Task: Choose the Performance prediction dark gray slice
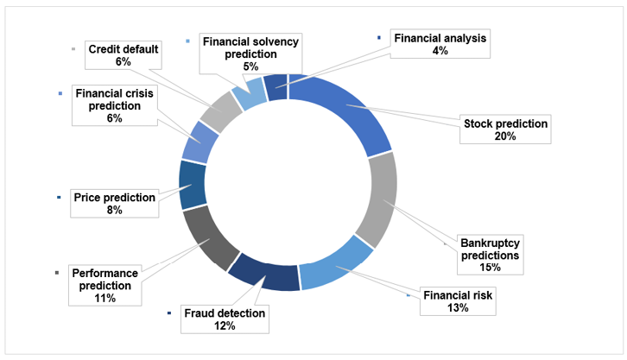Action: point(211,237)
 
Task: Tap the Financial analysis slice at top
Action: point(275,86)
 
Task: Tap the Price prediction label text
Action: point(115,198)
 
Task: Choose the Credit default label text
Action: point(123,48)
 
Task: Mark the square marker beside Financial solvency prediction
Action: point(189,41)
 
